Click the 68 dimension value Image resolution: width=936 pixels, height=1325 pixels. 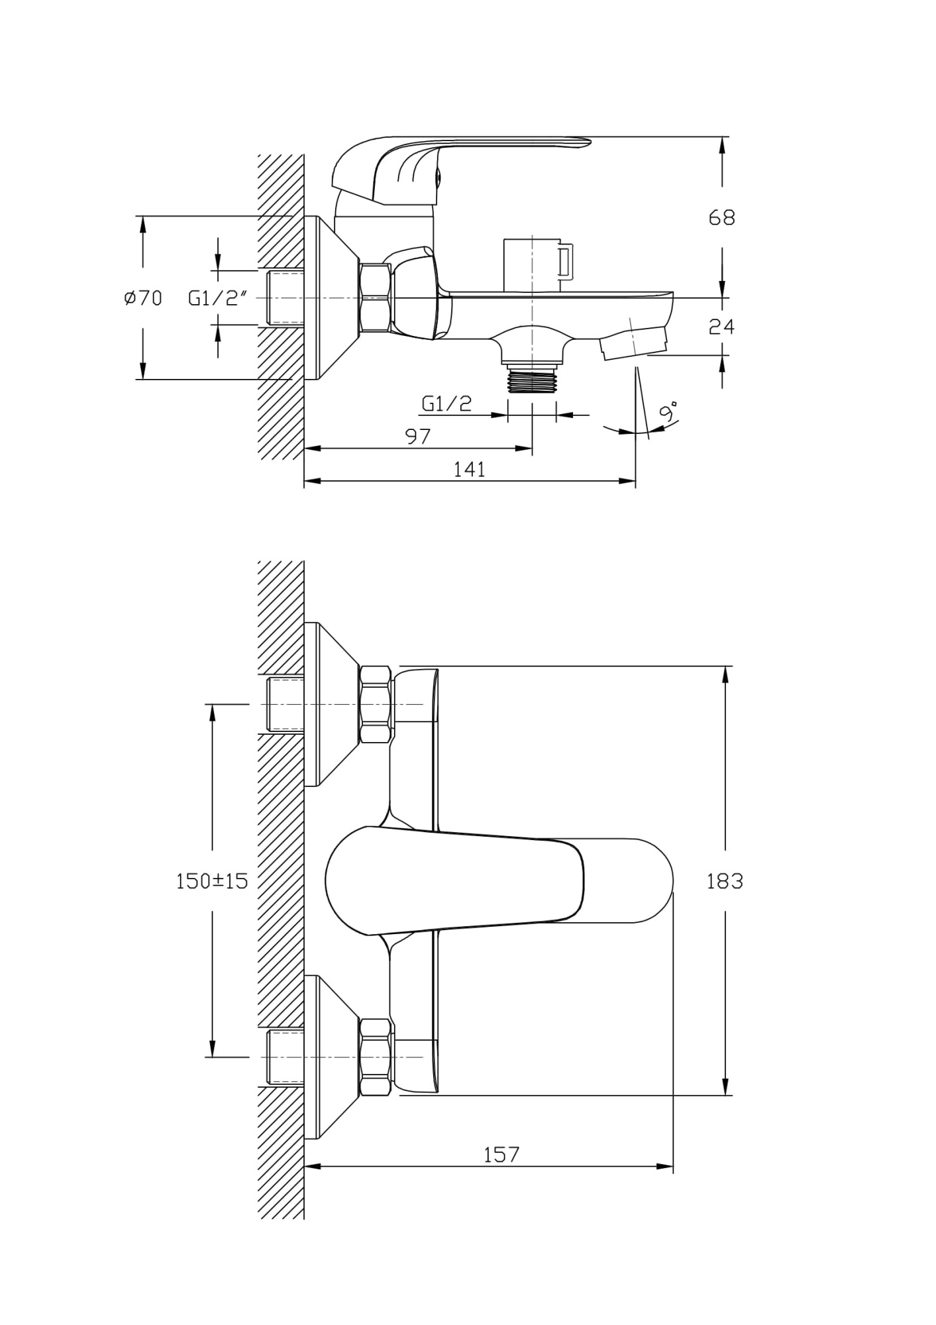(721, 217)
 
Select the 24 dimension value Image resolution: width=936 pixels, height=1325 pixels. (721, 326)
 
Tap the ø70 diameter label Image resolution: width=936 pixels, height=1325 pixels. (143, 298)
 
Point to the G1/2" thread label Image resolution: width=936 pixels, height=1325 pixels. (219, 298)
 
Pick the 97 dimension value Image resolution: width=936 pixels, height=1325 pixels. (418, 436)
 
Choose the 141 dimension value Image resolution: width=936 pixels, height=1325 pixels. (469, 469)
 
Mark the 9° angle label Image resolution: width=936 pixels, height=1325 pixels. (670, 412)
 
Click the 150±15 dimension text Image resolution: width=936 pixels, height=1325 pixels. (212, 881)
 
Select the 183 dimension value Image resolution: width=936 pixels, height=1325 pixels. (725, 881)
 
